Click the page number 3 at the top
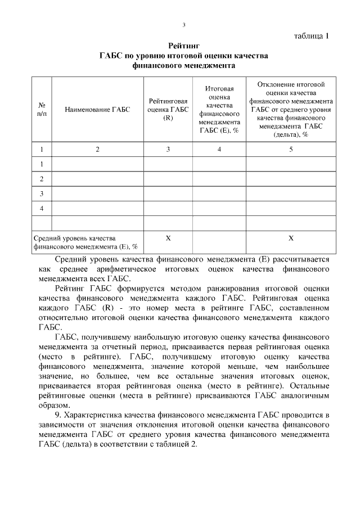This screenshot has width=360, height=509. [x=184, y=25]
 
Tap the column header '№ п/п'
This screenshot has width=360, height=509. [x=42, y=110]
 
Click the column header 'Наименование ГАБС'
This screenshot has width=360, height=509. [x=97, y=110]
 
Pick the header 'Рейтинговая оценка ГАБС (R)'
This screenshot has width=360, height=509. [x=168, y=110]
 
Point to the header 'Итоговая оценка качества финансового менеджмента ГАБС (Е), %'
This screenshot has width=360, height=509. [x=219, y=110]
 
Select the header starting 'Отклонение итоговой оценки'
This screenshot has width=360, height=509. [x=291, y=110]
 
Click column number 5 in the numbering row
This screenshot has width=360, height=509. [x=291, y=149]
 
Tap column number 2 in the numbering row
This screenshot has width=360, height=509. [x=97, y=149]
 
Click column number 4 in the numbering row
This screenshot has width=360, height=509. [x=219, y=149]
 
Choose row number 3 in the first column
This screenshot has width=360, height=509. [x=42, y=194]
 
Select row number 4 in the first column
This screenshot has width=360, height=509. [x=42, y=209]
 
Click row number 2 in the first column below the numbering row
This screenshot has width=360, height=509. [x=42, y=179]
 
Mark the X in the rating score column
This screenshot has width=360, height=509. [x=168, y=238]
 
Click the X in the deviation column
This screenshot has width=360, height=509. [x=291, y=238]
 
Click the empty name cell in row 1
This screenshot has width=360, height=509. [x=97, y=164]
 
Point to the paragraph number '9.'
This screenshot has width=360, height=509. [x=59, y=415]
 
